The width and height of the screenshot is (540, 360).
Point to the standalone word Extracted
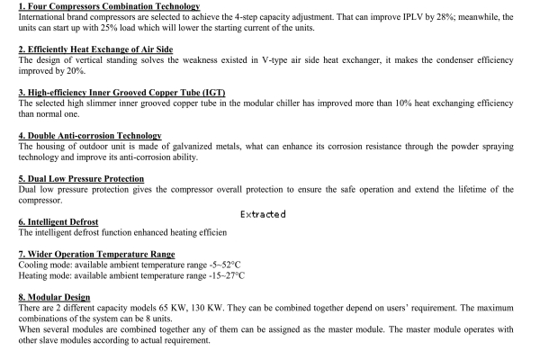coord(263,214)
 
